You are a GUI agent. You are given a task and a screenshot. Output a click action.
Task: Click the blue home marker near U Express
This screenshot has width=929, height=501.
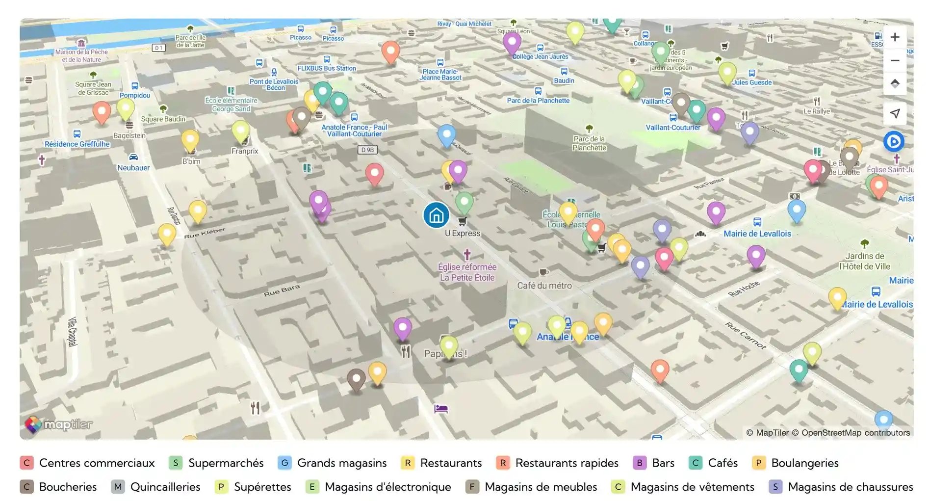point(436,215)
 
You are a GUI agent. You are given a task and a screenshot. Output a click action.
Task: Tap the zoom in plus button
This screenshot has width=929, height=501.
point(895,37)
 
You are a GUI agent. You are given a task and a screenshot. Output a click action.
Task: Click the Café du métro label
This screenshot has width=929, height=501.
point(544,286)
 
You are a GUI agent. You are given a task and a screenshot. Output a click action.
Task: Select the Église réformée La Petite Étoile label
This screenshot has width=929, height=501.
point(467,272)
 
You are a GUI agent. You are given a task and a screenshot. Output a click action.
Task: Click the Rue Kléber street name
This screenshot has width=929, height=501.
point(205,233)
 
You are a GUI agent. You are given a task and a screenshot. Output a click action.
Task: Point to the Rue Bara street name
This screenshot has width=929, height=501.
point(282,290)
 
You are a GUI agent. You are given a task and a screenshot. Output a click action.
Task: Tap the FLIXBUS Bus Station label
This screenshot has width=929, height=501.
point(327,68)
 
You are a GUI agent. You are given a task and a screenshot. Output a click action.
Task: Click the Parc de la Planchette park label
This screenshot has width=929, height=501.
point(589,143)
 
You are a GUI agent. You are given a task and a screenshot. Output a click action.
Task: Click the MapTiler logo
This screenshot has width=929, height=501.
point(59,424)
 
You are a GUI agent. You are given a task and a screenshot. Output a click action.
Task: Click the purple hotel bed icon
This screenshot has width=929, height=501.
point(440,409)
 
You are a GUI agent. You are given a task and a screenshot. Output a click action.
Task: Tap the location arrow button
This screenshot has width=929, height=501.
point(895,113)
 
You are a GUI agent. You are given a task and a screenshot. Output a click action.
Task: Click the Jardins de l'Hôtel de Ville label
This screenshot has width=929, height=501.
point(864,261)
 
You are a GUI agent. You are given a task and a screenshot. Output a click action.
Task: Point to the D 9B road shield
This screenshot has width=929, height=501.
point(367,150)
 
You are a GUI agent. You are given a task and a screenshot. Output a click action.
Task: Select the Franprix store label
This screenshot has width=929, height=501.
point(245,151)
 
